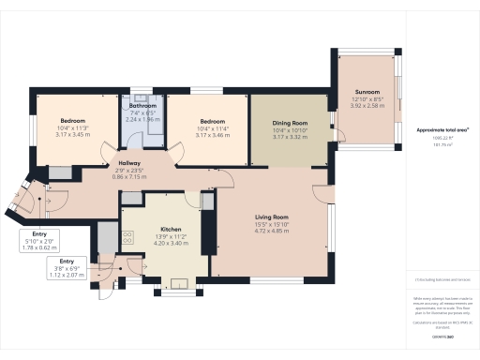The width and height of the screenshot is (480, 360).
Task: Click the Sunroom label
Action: pos(367,72)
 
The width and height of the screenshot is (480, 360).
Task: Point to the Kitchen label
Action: pos(171,230)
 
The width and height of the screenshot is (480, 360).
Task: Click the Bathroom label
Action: pos(142,106)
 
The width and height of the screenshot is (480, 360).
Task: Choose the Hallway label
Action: pos(130,162)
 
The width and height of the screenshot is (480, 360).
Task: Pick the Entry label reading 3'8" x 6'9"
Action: pos(67,262)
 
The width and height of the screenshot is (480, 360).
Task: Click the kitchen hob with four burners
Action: pos(125,238)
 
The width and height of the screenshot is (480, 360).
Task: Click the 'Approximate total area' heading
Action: pos(442,129)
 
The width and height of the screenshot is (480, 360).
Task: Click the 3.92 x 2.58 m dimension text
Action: pos(367,85)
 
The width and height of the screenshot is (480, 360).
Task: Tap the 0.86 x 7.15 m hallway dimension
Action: pos(130,175)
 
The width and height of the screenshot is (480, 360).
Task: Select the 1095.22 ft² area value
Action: pos(442,139)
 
